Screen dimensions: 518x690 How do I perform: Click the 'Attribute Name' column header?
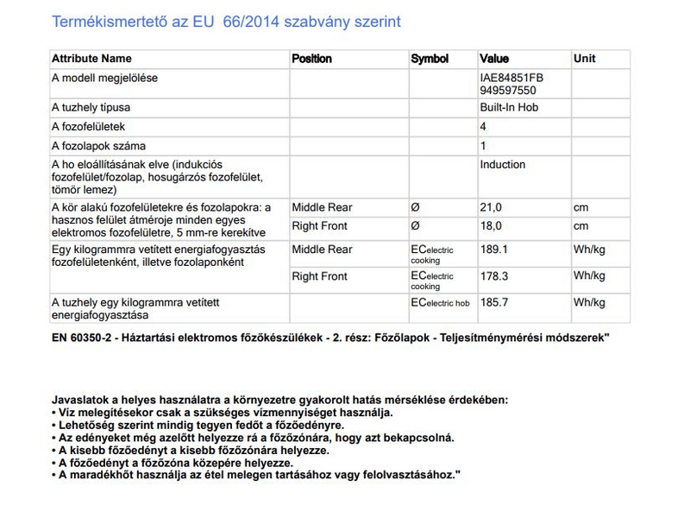pyautogui.click(x=92, y=59)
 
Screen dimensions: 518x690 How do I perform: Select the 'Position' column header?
pyautogui.click(x=311, y=59)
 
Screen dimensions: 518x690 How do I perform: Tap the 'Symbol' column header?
pyautogui.click(x=430, y=59)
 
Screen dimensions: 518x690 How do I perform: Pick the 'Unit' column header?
pyautogui.click(x=584, y=59)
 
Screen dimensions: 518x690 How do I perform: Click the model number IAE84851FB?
pyautogui.click(x=511, y=78)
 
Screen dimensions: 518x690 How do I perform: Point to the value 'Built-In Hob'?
pyautogui.click(x=509, y=108)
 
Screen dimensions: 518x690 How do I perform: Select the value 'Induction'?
pyautogui.click(x=502, y=165)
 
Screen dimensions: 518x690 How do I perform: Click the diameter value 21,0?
pyautogui.click(x=491, y=207)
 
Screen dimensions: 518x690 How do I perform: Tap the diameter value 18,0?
pyautogui.click(x=491, y=226)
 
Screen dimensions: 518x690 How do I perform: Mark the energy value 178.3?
pyautogui.click(x=493, y=276)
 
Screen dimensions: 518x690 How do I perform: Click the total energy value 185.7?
pyautogui.click(x=493, y=303)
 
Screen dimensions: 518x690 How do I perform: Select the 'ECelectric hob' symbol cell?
pyautogui.click(x=440, y=303)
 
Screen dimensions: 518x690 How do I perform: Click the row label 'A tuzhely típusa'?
pyautogui.click(x=91, y=108)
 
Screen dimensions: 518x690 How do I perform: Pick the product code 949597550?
pyautogui.click(x=508, y=89)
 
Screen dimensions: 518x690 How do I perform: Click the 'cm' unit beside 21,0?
pyautogui.click(x=581, y=207)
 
